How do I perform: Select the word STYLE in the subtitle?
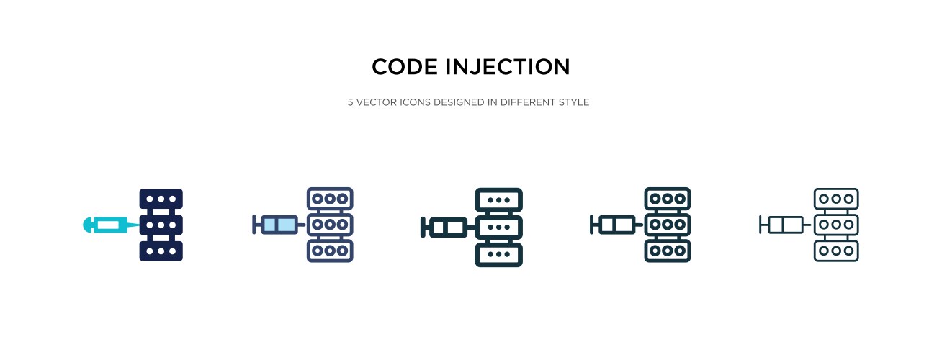pos(573,102)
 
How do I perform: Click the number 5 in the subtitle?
pos(351,102)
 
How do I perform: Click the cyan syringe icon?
pos(108,225)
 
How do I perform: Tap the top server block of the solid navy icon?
pos(161,199)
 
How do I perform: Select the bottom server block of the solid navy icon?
pos(161,251)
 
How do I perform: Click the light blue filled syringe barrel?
pos(280,225)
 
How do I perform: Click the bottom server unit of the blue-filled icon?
pos(330,251)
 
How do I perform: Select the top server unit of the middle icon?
pos(498,199)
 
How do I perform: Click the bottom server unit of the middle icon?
pos(498,255)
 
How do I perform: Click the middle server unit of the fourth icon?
pos(668,225)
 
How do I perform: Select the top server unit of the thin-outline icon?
pos(836,198)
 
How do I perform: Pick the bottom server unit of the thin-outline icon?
pos(836,251)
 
